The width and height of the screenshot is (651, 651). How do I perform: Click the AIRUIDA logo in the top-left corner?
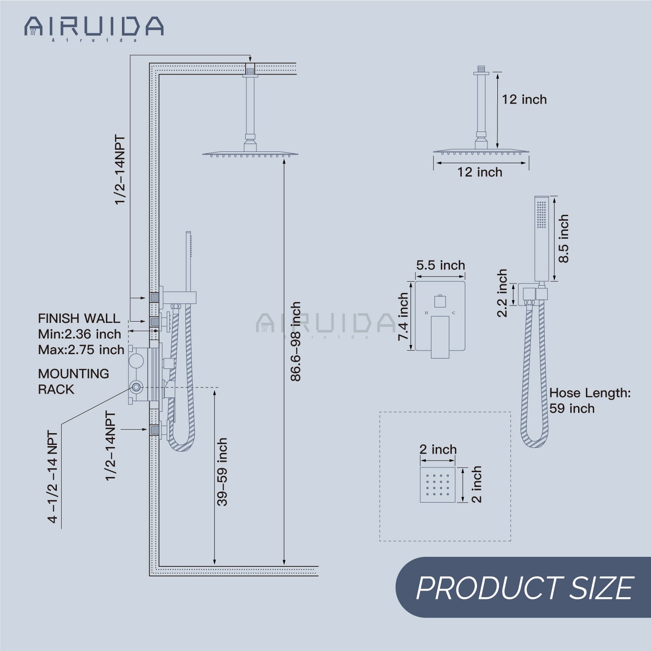pos(94,27)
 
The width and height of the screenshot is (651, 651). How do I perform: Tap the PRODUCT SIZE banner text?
pos(524,588)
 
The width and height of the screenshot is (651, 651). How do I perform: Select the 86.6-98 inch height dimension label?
pos(296,342)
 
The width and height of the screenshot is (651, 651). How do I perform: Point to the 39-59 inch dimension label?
pos(222,472)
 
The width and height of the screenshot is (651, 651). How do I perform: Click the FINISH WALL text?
pos(79,319)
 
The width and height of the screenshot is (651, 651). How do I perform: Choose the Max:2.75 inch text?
pos(81,350)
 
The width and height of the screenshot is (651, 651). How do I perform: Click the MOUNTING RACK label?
pos(73,381)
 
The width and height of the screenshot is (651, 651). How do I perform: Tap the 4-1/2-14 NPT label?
pos(53,477)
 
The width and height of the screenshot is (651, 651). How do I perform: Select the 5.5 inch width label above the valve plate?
pos(440,265)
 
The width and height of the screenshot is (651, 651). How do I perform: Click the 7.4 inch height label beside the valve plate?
pos(403,316)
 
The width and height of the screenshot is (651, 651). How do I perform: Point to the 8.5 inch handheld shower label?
pos(563,239)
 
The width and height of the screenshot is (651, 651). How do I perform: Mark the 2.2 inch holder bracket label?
pos(502,293)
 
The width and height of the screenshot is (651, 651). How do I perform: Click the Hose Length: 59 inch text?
pos(589,401)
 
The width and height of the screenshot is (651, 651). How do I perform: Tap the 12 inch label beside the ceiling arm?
pos(524,99)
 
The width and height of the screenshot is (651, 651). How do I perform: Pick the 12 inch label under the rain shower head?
pos(480,172)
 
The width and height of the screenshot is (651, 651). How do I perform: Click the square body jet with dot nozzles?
pos(437,485)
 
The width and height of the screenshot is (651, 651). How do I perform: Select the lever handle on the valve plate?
pos(440,337)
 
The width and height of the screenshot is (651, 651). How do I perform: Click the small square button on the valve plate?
pos(440,301)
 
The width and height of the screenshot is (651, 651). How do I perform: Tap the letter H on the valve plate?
pos(426,313)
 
